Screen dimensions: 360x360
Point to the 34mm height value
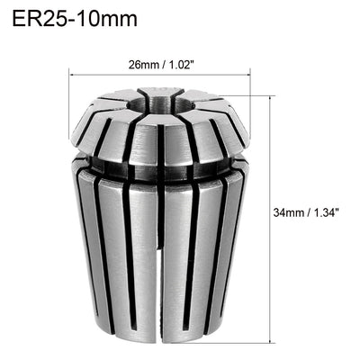[290, 213]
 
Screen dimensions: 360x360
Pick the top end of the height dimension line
[271, 95]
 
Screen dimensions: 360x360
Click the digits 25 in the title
[53, 20]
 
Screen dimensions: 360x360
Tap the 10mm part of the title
[98, 20]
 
